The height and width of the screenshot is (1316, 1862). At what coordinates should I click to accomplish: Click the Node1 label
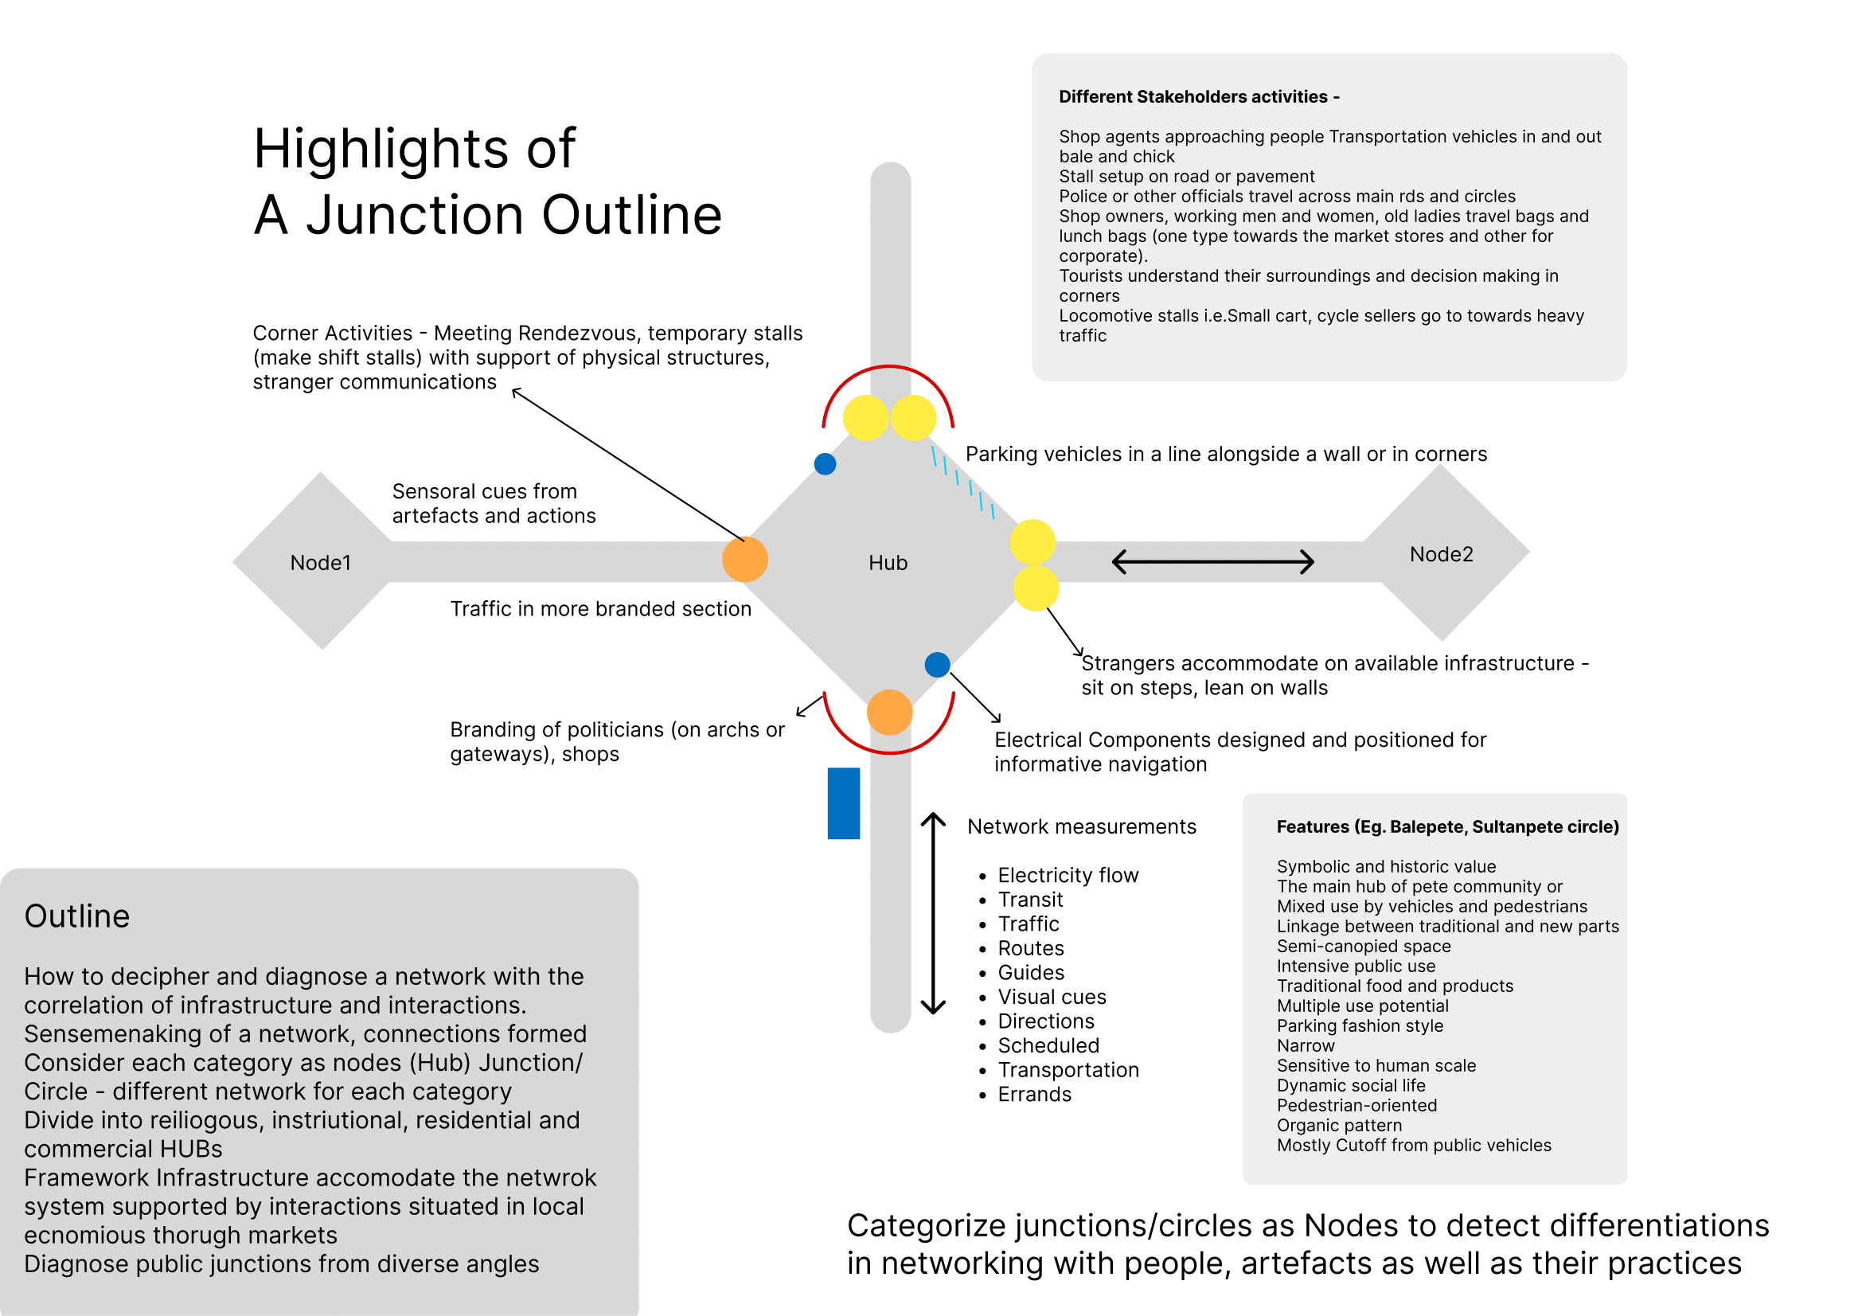click(320, 563)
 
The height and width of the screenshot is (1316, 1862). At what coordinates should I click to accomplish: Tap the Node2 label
click(1440, 555)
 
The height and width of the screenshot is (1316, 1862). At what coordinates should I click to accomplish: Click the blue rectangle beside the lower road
click(843, 802)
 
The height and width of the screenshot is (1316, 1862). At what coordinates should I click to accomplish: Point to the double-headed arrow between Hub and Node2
click(1212, 561)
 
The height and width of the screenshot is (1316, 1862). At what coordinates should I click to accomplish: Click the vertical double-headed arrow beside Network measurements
click(934, 913)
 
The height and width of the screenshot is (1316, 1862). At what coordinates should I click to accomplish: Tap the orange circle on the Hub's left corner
click(744, 560)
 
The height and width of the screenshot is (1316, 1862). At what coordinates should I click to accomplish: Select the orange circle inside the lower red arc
click(890, 712)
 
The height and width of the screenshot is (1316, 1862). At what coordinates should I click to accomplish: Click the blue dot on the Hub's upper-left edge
click(825, 464)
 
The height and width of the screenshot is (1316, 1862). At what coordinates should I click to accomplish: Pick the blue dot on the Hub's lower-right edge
click(937, 664)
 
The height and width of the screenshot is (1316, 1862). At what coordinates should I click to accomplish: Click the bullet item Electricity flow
click(1068, 875)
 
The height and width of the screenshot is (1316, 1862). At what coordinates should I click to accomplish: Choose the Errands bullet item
click(1034, 1094)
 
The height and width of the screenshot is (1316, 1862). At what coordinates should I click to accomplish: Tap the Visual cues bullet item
click(1051, 997)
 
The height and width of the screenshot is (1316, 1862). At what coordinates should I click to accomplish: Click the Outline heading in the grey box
click(77, 916)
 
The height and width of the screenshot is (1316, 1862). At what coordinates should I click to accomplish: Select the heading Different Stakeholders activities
click(1199, 96)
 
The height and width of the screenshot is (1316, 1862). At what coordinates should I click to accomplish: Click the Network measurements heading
click(1081, 826)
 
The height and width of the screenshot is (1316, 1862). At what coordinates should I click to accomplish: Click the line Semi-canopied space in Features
click(1363, 947)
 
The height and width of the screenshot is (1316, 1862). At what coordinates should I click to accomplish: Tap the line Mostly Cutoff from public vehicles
click(1414, 1145)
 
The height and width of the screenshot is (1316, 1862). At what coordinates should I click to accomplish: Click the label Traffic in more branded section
click(600, 609)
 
